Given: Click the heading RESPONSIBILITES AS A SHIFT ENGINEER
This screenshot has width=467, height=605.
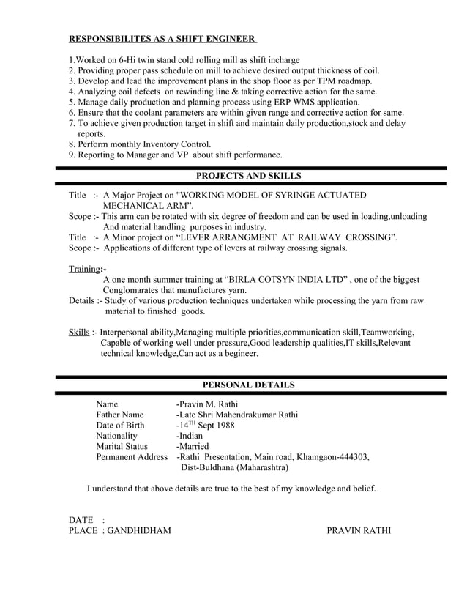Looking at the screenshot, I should (x=162, y=38).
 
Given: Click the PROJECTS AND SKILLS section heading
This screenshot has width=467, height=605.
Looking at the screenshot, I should (x=249, y=176).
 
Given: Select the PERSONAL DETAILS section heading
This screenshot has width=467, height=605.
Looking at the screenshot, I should (x=249, y=384).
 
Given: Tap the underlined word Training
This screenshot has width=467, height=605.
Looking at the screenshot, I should (x=85, y=269).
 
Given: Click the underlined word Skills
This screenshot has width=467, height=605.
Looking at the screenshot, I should (x=79, y=332).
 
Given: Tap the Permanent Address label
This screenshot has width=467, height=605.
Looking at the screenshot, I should (x=132, y=456).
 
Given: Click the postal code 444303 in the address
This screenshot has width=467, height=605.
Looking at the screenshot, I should (x=351, y=456).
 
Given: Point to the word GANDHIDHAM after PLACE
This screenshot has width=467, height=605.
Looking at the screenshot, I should (x=139, y=530).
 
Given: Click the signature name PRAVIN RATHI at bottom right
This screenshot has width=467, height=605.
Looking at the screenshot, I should (x=359, y=530).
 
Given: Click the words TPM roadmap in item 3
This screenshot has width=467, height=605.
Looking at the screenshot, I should (x=344, y=81).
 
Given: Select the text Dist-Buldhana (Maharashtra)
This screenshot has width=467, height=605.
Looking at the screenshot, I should (x=234, y=467).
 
